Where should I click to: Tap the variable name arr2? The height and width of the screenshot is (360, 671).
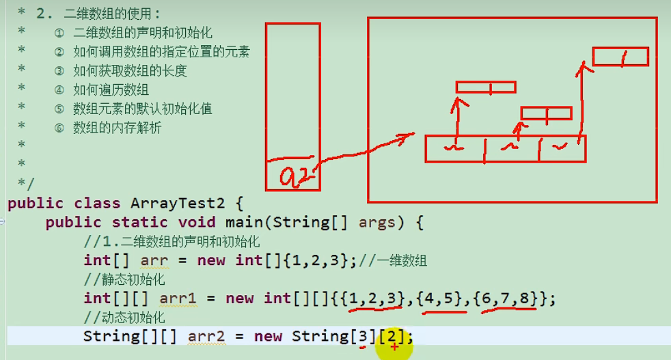(x=206, y=337)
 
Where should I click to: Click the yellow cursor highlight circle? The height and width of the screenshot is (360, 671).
(x=394, y=347)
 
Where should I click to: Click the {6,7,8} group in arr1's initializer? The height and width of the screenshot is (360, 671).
(x=508, y=299)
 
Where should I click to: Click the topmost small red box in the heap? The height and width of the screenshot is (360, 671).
(x=620, y=56)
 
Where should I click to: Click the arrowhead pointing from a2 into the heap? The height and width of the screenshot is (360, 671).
(x=408, y=136)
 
